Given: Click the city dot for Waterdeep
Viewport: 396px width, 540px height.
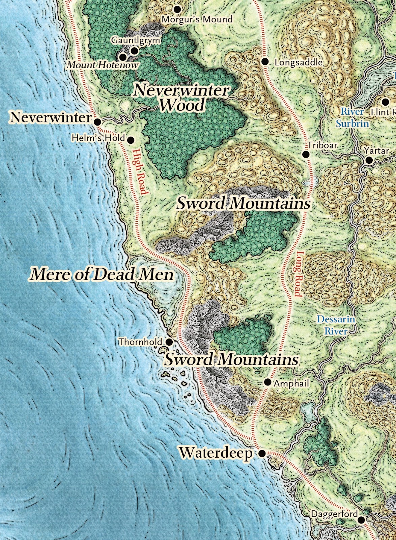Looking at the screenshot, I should (x=262, y=454).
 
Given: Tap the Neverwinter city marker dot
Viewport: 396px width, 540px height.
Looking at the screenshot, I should (x=97, y=122).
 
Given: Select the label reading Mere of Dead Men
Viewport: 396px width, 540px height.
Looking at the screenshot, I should (x=102, y=274).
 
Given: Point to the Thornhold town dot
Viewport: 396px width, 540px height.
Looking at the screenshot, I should (x=169, y=342).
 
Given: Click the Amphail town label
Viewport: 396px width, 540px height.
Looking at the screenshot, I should (x=291, y=383).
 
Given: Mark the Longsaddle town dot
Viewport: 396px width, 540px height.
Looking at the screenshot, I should (x=265, y=61).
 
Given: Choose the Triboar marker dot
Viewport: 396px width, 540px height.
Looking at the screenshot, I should (x=306, y=154).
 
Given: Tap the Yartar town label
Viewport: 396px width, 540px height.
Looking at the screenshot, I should (x=376, y=151).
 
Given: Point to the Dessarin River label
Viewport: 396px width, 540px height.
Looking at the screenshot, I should (x=336, y=325).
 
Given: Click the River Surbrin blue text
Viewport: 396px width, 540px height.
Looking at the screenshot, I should (x=352, y=117).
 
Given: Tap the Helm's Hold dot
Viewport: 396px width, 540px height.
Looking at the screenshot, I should (x=131, y=140).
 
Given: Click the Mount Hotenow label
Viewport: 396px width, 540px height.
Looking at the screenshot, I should (x=103, y=65).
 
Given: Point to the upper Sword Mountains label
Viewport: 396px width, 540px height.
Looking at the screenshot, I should (x=244, y=203).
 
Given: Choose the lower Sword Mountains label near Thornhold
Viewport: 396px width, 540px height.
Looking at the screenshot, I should (x=231, y=359).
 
